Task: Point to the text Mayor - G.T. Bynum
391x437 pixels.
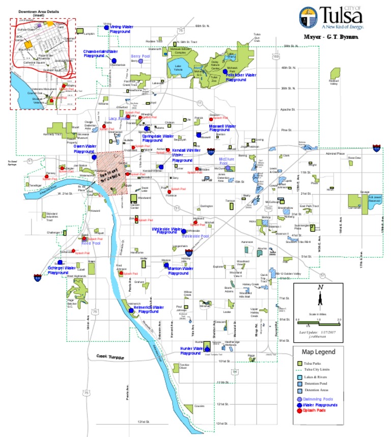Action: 330,37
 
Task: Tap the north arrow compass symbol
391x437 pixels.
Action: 320,296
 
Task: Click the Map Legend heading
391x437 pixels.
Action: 319,351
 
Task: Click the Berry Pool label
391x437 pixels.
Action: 139,56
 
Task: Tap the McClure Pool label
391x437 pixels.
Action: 227,159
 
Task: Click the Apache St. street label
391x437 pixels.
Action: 288,109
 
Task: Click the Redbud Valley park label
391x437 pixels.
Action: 334,82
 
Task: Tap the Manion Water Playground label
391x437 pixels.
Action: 176,270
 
